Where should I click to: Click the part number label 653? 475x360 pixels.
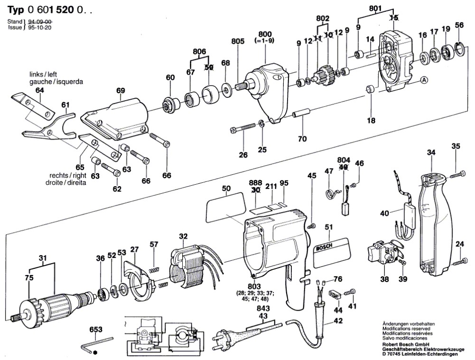point(96,330)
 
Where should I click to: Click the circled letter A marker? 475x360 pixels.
point(424,80)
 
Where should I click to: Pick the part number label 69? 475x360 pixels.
point(120,90)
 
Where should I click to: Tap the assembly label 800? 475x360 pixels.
point(265,34)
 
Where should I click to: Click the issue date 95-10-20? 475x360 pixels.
point(40,28)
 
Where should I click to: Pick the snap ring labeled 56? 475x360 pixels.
point(459,49)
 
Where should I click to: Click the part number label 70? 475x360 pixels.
point(302,139)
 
